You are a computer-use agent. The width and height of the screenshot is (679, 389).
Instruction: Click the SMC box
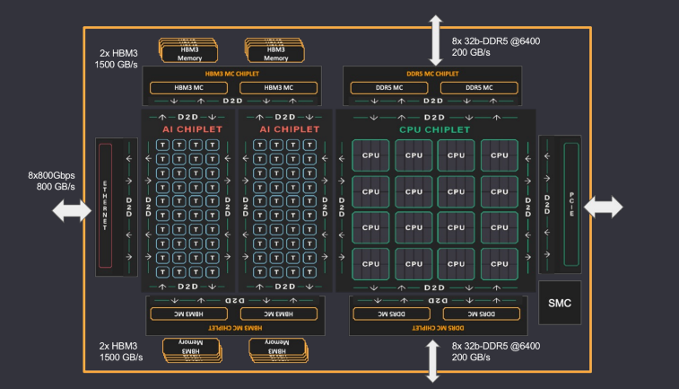[560, 304]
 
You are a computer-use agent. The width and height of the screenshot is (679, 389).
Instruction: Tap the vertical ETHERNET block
[104, 206]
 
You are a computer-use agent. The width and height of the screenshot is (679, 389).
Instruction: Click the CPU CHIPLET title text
[434, 130]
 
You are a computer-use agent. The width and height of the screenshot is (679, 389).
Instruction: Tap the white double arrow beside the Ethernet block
[72, 211]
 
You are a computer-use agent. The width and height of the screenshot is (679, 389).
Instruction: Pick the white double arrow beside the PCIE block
[603, 208]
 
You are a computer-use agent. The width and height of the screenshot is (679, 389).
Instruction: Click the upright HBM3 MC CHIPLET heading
[234, 73]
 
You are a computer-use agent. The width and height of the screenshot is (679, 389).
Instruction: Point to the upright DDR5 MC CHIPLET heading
[434, 73]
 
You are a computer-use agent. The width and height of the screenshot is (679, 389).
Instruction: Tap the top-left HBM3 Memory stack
[189, 49]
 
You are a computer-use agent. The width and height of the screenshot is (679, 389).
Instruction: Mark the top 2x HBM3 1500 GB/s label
[118, 59]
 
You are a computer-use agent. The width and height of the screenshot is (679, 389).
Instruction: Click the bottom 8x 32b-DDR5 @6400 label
[496, 351]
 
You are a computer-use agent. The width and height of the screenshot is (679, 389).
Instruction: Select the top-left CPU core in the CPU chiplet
[370, 155]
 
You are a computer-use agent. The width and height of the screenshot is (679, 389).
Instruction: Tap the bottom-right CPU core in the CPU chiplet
[499, 264]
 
